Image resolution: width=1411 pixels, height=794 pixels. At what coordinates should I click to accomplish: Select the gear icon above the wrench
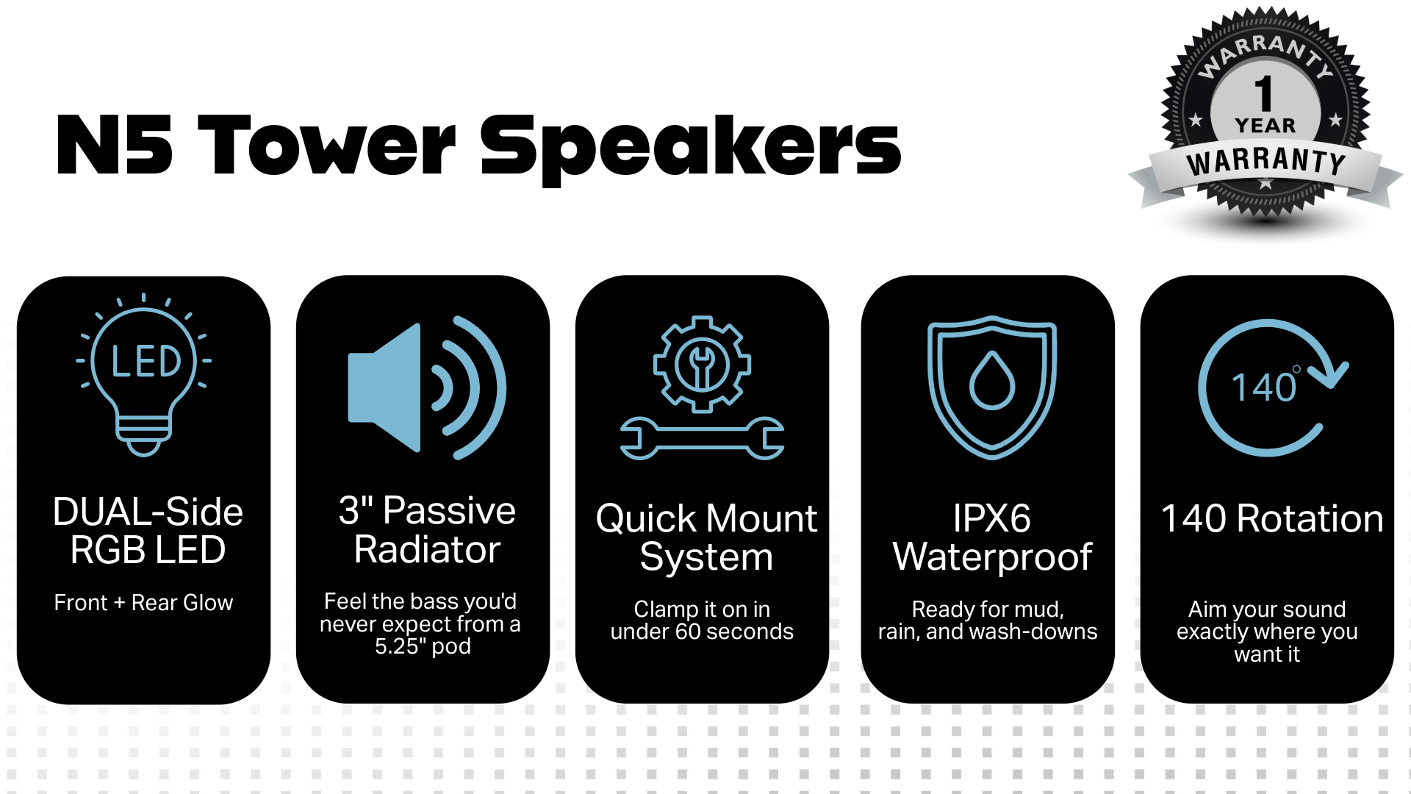[702, 364]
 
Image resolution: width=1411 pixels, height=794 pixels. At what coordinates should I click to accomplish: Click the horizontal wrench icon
[702, 438]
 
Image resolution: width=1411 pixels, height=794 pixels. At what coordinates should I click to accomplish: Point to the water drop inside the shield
[992, 380]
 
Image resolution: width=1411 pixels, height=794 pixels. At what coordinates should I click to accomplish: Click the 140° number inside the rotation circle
[1265, 387]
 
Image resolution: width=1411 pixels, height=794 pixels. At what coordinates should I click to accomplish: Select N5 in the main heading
[115, 146]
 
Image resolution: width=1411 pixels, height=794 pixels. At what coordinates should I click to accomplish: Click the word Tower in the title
[327, 146]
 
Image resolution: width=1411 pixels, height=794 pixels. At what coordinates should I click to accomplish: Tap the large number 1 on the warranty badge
[1264, 93]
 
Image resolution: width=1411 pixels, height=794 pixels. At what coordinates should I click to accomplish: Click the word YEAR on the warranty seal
[1265, 126]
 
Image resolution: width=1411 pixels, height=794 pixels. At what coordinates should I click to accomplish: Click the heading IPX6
[991, 518]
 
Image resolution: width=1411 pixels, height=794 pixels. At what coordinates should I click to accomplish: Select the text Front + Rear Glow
[143, 603]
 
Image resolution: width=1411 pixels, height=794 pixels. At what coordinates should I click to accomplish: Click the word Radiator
[427, 549]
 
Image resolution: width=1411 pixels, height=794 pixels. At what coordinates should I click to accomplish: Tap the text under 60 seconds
[702, 632]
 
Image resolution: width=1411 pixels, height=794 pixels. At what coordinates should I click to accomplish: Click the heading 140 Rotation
[1271, 518]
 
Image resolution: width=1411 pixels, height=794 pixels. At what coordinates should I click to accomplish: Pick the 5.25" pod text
[423, 646]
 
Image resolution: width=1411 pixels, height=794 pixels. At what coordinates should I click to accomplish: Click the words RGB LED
[148, 550]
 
